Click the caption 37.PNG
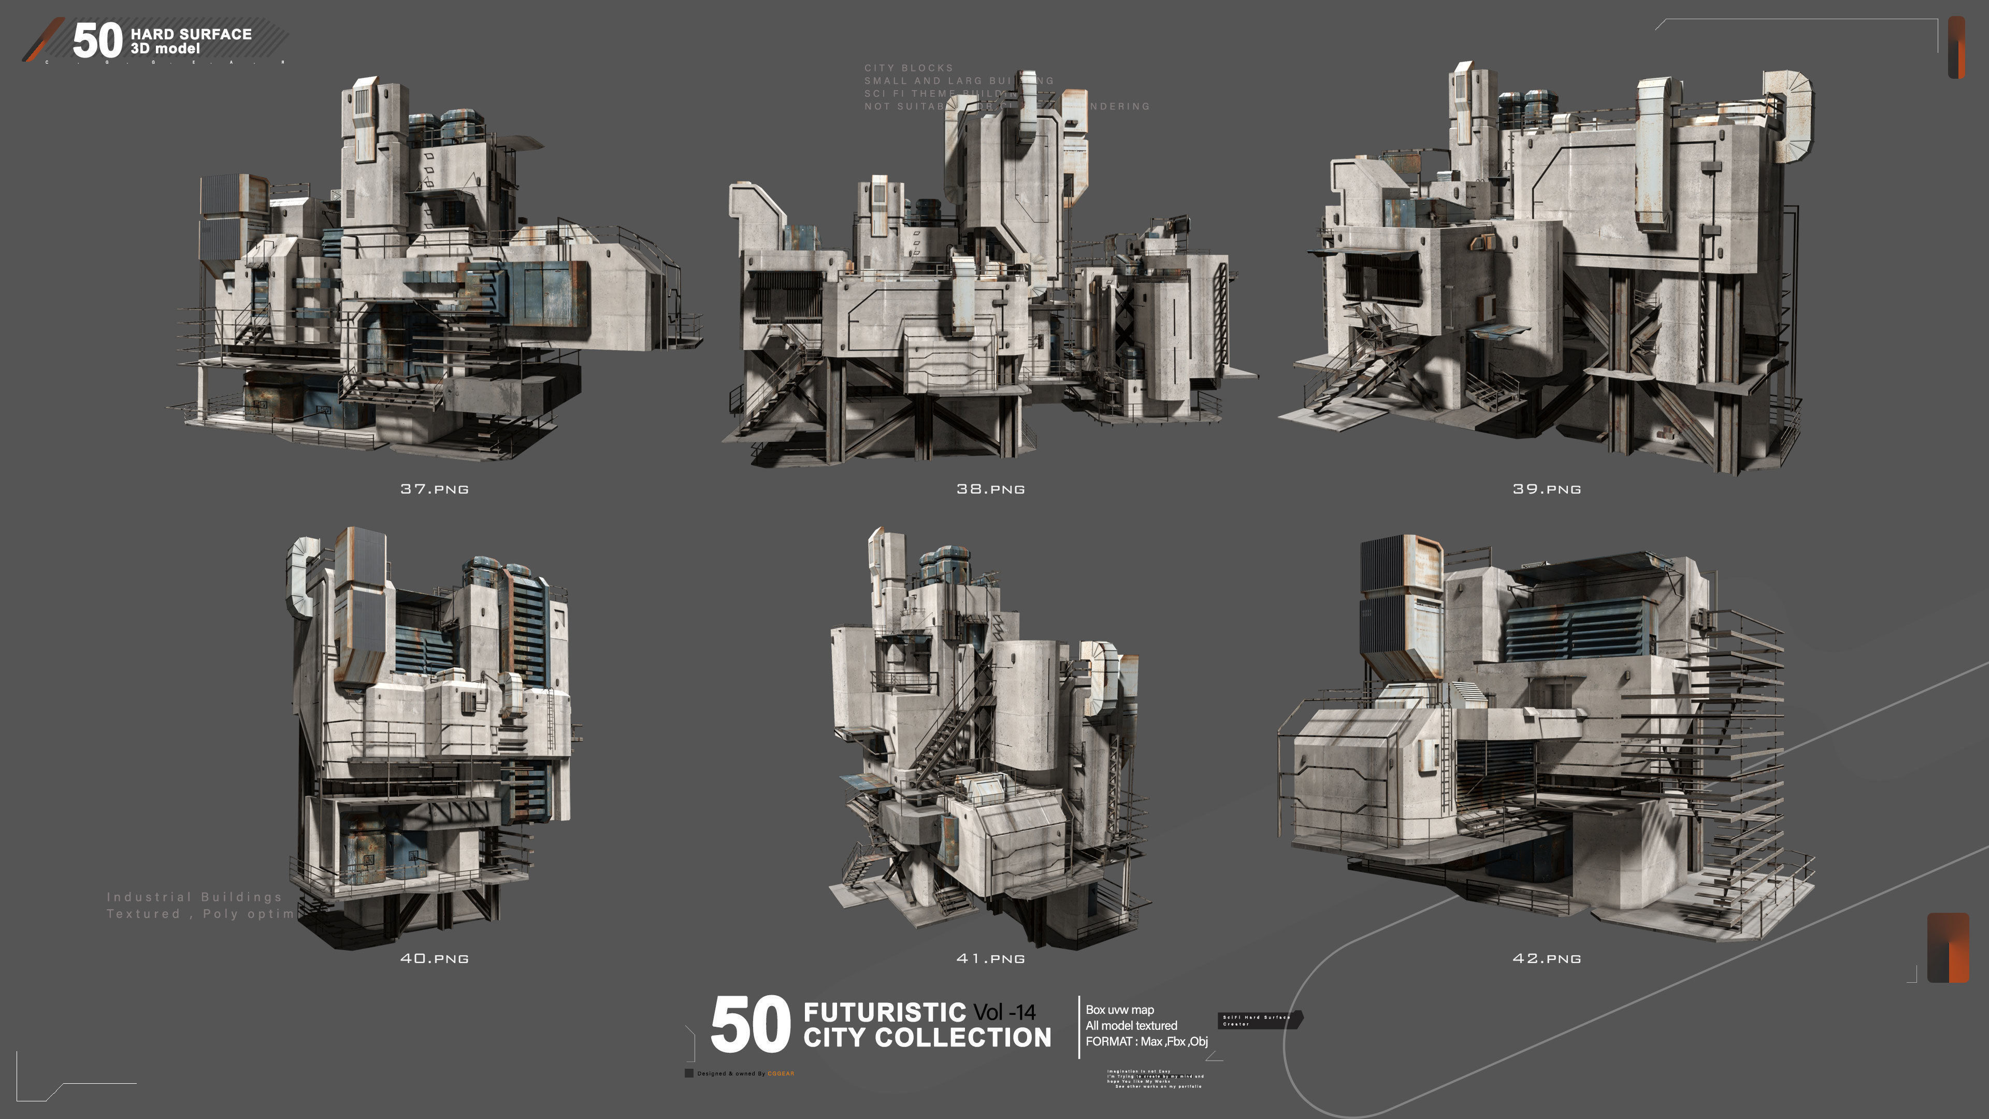(434, 489)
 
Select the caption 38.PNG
(991, 489)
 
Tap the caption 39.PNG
(1547, 489)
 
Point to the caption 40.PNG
(434, 958)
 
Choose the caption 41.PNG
(991, 958)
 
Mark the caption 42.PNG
(1547, 958)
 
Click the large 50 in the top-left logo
(97, 40)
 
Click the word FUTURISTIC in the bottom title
(884, 1012)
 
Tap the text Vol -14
(1004, 1012)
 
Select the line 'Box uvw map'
(1119, 1009)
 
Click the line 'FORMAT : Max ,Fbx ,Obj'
(1146, 1041)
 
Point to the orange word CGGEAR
(781, 1073)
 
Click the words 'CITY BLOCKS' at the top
(908, 68)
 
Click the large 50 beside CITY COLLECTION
(750, 1025)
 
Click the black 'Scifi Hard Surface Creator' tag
(1259, 1020)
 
